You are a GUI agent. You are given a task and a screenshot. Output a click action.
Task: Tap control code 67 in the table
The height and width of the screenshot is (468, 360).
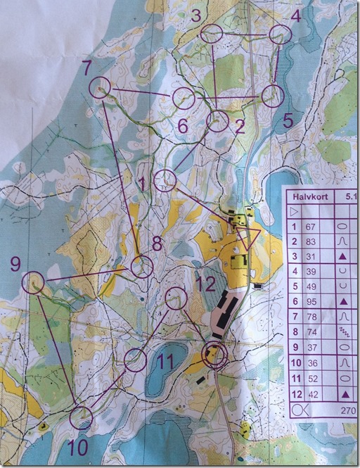pos(309,227)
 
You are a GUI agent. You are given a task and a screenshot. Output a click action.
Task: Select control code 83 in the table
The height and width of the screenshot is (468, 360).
pos(309,242)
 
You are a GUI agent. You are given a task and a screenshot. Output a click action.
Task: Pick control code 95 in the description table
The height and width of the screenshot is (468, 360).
pos(309,301)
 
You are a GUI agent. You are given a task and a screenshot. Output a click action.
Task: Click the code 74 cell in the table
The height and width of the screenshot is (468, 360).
pos(309,331)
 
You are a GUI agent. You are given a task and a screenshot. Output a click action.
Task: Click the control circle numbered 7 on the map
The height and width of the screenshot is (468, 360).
pos(101,87)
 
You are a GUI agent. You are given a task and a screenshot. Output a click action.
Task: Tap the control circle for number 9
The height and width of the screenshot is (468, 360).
pos(33,283)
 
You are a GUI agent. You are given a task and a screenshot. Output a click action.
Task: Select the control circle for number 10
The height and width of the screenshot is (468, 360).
pos(81,417)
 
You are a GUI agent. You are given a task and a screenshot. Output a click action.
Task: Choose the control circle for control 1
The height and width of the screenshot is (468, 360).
pos(165,180)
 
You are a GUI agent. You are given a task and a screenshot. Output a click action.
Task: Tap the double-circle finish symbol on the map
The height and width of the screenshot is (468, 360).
pos(214,355)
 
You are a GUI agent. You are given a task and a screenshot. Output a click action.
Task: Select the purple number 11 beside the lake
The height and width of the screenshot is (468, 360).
pos(165,362)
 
